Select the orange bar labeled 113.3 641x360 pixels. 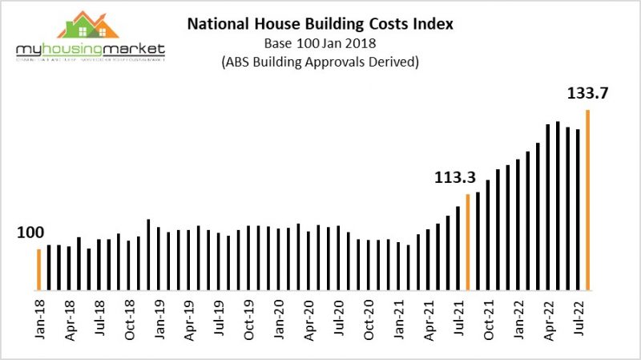(x=468, y=241)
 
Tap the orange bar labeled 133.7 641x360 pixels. (x=588, y=200)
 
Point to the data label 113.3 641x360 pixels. (x=454, y=177)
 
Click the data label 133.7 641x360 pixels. (x=589, y=94)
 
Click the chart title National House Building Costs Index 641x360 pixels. (x=320, y=24)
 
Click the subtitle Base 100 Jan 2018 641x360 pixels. (x=320, y=43)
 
